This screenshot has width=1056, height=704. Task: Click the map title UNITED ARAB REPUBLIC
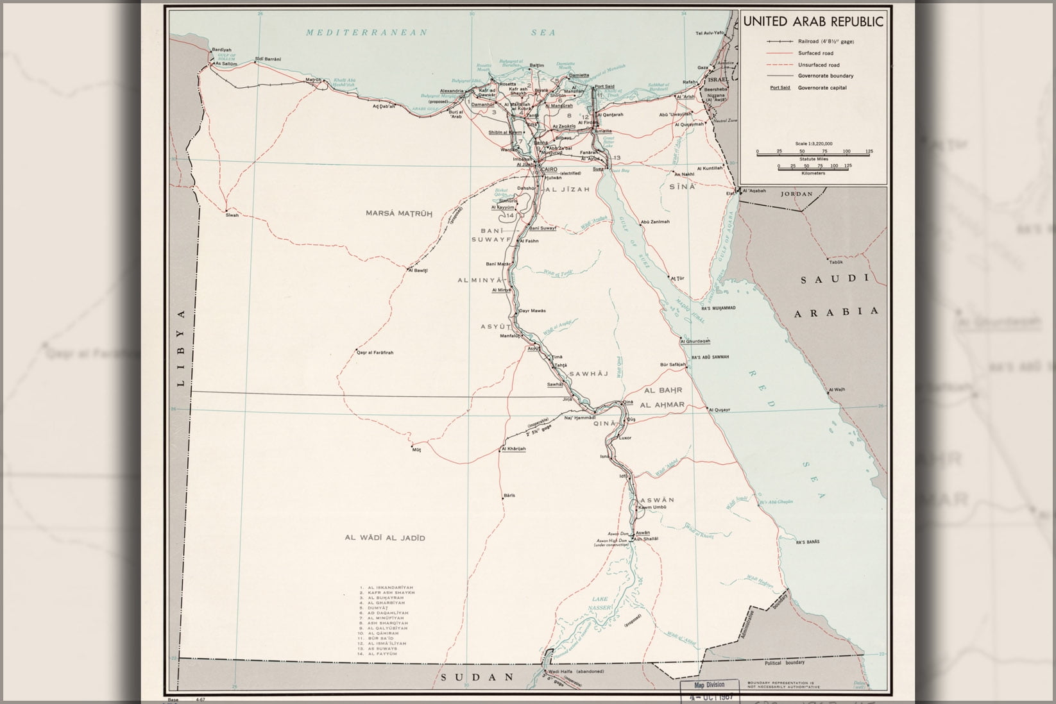(x=813, y=22)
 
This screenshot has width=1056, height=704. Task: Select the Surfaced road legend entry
(x=815, y=53)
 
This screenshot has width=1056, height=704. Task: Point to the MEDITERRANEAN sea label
(x=366, y=33)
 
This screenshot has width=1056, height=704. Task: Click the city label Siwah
(x=232, y=215)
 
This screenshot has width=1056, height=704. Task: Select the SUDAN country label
(x=478, y=677)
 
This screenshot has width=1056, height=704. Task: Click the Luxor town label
(x=625, y=438)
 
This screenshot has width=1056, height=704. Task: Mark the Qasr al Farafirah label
(x=375, y=353)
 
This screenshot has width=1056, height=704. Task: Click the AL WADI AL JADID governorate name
(x=385, y=539)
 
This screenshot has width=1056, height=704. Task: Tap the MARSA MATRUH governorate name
(x=399, y=213)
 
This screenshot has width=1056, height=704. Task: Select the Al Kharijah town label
(x=513, y=449)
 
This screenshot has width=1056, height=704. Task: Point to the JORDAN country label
(x=796, y=194)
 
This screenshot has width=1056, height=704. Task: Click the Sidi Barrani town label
(x=268, y=60)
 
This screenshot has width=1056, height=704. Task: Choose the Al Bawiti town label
(x=418, y=271)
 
